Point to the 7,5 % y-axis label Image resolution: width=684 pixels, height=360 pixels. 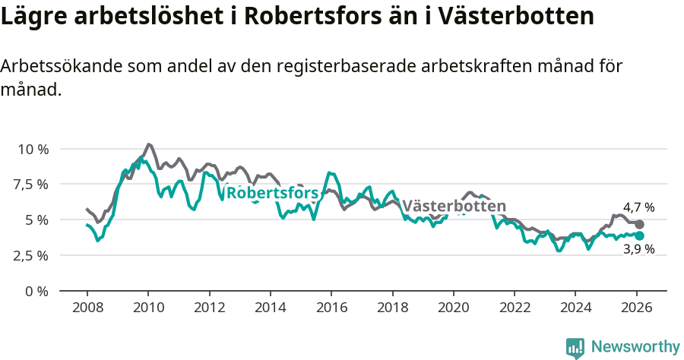pyautogui.click(x=32, y=185)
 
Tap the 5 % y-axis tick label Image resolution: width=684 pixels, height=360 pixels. pyautogui.click(x=38, y=220)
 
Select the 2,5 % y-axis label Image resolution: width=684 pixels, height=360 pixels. pyautogui.click(x=32, y=255)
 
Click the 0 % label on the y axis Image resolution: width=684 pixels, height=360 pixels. pyautogui.click(x=38, y=291)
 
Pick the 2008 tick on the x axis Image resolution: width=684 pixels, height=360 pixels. pyautogui.click(x=87, y=308)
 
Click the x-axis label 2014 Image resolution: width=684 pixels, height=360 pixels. pyautogui.click(x=270, y=308)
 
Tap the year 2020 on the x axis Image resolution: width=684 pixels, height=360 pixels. pyautogui.click(x=453, y=308)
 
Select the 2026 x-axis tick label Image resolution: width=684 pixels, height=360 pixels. pyautogui.click(x=636, y=308)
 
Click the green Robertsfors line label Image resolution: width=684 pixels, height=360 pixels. pyautogui.click(x=272, y=193)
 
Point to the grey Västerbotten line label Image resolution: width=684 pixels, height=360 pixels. pyautogui.click(x=454, y=207)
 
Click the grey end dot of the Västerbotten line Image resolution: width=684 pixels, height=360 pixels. pyautogui.click(x=639, y=225)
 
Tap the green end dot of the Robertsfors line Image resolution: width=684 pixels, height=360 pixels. pyautogui.click(x=639, y=236)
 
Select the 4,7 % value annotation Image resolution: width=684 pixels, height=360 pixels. pyautogui.click(x=638, y=207)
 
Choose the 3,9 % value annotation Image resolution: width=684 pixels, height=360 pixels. pyautogui.click(x=638, y=250)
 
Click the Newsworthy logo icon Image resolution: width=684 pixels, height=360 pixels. pyautogui.click(x=575, y=347)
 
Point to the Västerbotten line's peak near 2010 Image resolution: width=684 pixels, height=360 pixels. pyautogui.click(x=148, y=144)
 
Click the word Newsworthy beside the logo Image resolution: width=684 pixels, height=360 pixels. pyautogui.click(x=635, y=347)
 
